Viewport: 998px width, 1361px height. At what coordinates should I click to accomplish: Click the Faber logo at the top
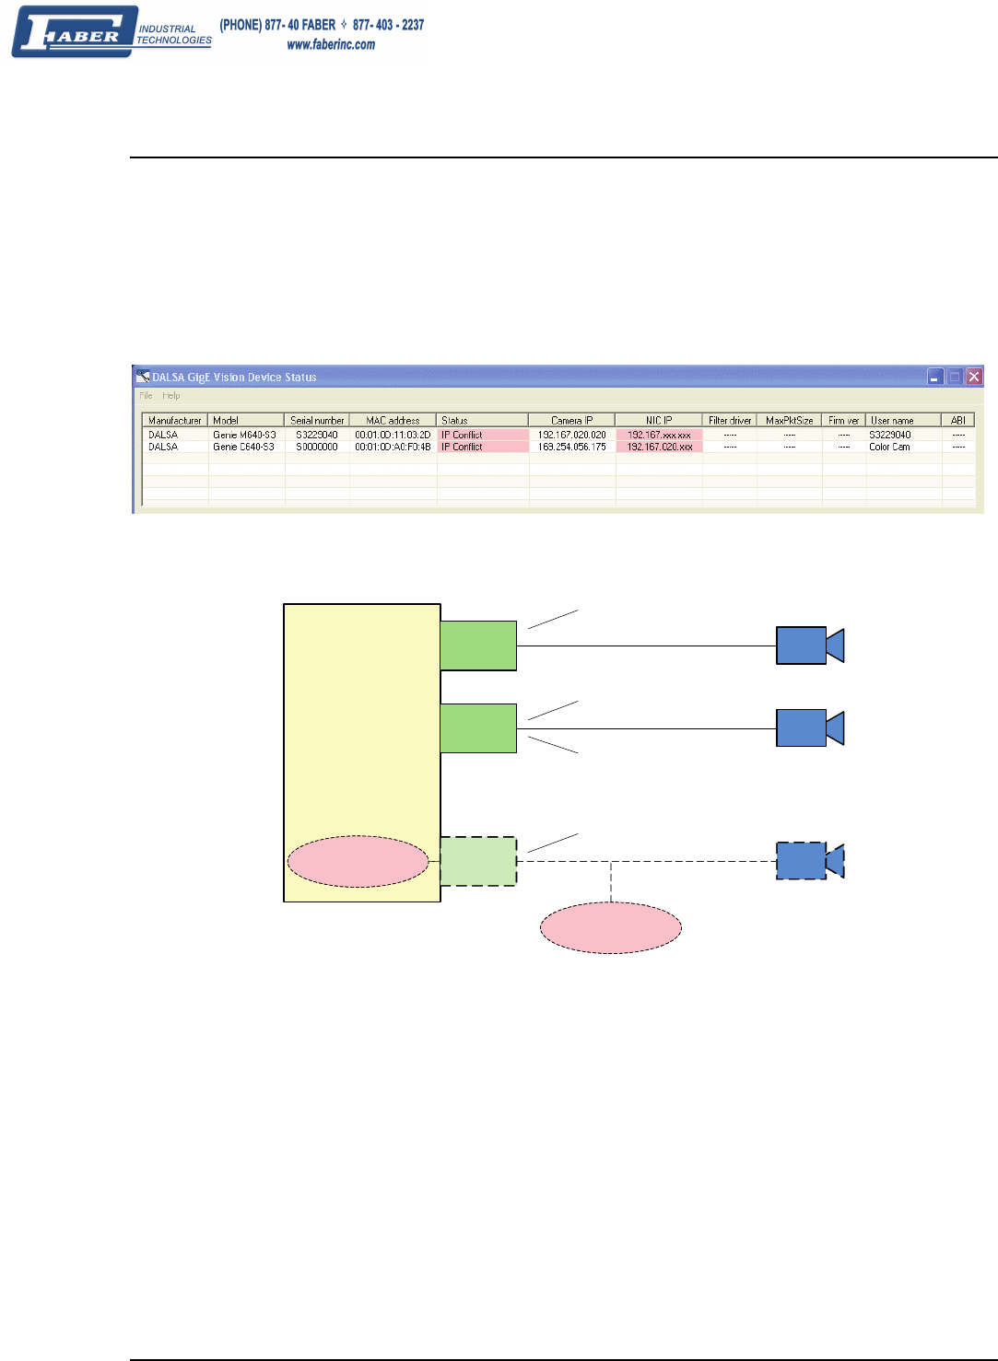pos(111,33)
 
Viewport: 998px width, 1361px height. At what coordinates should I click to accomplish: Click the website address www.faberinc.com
pos(331,44)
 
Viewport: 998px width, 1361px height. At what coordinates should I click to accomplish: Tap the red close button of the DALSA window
pos(974,376)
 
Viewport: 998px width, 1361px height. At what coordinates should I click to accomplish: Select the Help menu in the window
pos(171,396)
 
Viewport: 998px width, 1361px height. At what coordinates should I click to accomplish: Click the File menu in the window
pos(146,396)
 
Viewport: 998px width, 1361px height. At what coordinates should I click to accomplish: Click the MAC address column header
pos(393,420)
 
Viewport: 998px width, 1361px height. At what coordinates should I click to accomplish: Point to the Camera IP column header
pos(571,420)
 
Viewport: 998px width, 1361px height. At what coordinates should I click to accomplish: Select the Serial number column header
pos(317,420)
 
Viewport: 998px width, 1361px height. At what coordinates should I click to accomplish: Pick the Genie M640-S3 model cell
pos(243,435)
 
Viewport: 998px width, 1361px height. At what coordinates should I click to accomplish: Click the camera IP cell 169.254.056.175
pos(571,447)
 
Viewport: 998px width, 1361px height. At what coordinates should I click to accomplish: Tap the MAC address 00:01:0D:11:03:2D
pos(393,435)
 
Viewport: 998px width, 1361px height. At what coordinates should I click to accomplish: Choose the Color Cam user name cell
pos(889,447)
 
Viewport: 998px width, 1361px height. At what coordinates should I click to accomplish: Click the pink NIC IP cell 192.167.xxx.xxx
pos(659,435)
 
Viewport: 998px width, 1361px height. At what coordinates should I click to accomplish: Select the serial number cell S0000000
pos(317,447)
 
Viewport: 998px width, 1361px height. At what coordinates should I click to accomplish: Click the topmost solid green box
pos(478,646)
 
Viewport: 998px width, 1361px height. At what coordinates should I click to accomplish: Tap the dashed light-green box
pos(478,862)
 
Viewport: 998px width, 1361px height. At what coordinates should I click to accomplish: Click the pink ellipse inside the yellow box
pos(358,862)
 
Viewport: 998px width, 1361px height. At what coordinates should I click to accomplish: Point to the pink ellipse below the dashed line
pos(610,927)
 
